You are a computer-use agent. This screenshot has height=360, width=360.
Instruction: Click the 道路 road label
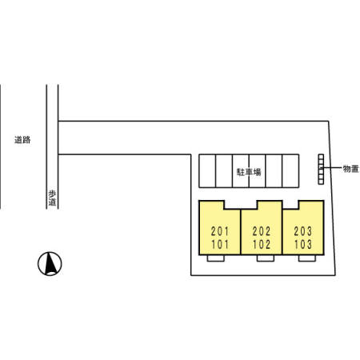22,140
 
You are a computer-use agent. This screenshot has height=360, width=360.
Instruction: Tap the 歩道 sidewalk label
52,198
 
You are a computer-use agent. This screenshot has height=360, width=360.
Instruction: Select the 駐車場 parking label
249,172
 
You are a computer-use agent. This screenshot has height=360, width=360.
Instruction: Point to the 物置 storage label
350,169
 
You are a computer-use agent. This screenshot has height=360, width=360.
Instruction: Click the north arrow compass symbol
50,263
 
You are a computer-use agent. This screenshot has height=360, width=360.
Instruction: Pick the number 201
220,231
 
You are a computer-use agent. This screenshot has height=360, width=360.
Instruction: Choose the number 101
220,244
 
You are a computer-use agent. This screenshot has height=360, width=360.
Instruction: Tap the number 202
262,231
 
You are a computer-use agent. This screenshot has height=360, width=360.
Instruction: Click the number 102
262,244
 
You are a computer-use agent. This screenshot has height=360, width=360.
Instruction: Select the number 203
303,231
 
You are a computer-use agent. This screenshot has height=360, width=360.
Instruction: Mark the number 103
303,244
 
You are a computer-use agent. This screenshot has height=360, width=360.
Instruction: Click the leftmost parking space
207,171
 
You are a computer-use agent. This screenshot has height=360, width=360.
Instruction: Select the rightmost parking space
290,171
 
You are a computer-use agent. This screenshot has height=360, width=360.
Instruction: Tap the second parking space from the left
224,171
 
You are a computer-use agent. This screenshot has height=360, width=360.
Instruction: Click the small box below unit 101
216,258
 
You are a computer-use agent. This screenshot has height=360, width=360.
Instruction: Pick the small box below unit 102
266,258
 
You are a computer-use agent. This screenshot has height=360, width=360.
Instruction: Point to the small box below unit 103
307,258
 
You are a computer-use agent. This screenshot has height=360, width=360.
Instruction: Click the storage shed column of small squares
321,169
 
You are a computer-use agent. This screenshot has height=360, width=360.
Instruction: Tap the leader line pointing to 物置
332,168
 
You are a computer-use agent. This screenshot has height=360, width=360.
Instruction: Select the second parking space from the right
274,171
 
